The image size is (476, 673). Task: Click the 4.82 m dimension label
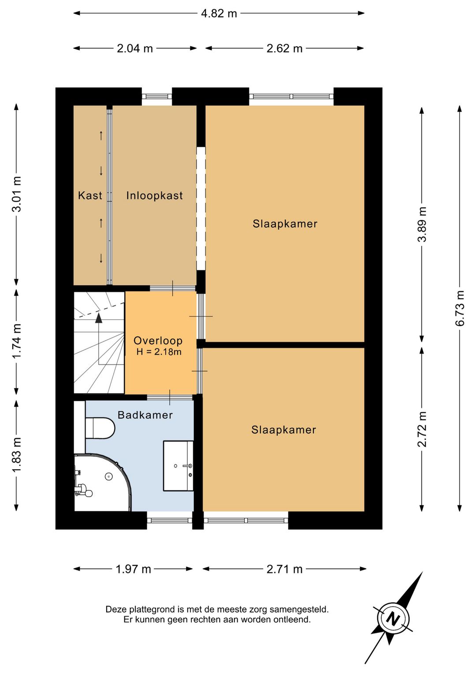coord(219,14)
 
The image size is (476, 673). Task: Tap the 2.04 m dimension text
coord(135,49)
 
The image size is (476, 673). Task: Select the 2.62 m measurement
coord(284,49)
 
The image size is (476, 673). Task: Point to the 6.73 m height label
coord(460,308)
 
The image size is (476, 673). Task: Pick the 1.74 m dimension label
coord(16,341)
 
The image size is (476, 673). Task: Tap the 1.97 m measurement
coord(134,569)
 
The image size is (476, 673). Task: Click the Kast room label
coord(90,195)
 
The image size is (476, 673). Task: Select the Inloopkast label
coord(154,195)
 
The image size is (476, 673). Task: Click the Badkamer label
coord(145,415)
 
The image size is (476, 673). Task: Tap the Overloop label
coord(158,341)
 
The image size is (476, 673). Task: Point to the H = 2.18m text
coord(159,352)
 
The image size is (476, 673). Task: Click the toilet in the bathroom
coord(100,428)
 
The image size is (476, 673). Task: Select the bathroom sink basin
coord(178,466)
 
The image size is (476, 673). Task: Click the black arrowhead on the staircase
coord(98,318)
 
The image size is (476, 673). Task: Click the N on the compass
coord(393,619)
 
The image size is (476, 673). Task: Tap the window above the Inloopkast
coord(157,96)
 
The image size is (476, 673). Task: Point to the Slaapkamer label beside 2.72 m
coord(284,430)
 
